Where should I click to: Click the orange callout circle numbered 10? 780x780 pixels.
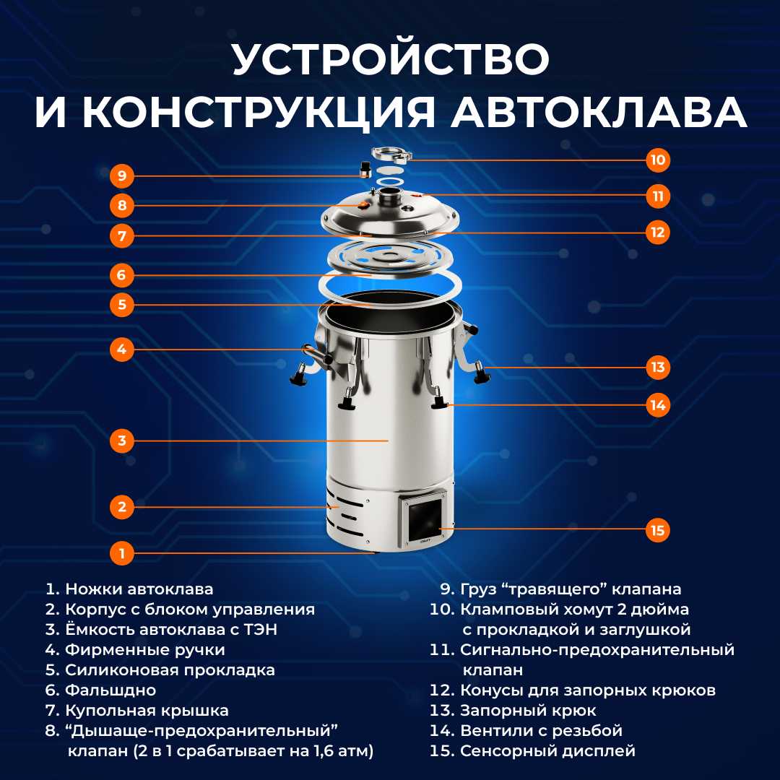(x=658, y=160)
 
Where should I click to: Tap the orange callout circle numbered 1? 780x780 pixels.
(x=122, y=553)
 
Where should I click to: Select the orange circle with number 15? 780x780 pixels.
(x=658, y=530)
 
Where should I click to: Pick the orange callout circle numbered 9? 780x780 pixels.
(x=122, y=175)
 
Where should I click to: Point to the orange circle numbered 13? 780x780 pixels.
(x=658, y=368)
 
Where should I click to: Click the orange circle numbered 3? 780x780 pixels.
(x=122, y=441)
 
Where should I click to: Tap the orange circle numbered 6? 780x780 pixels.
(x=122, y=275)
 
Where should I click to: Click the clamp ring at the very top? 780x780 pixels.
(x=391, y=154)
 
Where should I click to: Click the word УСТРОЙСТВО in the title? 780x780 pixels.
(x=391, y=58)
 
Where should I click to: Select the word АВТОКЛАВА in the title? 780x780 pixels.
(x=599, y=112)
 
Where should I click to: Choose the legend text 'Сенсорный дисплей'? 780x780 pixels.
(x=547, y=750)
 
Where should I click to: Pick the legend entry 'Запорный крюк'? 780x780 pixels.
(x=528, y=711)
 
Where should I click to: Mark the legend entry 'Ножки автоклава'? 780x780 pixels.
(x=139, y=589)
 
